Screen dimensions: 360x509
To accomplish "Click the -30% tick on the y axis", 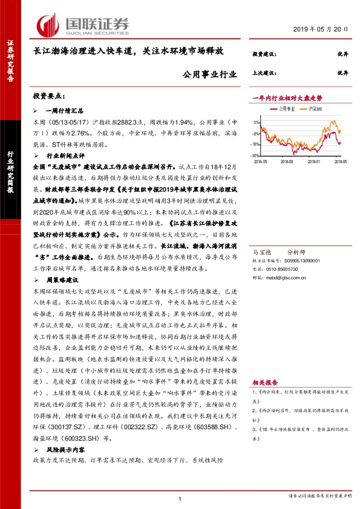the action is [x=256, y=155].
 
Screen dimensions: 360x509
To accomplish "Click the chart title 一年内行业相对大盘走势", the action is [x=287, y=98].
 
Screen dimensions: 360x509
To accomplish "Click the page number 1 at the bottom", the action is [x=180, y=498].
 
